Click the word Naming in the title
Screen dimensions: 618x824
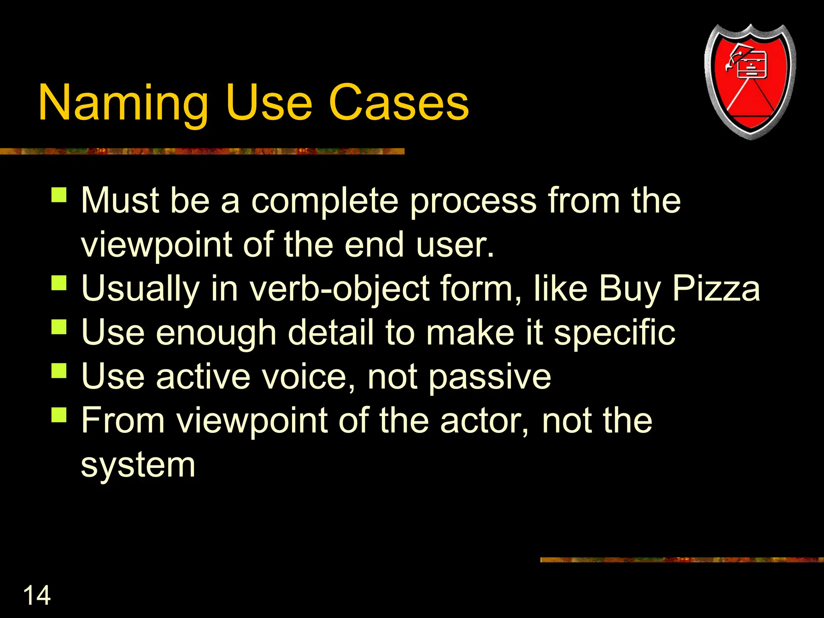tap(123, 103)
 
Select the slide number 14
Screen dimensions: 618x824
tap(37, 595)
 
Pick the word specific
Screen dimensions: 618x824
tap(614, 333)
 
